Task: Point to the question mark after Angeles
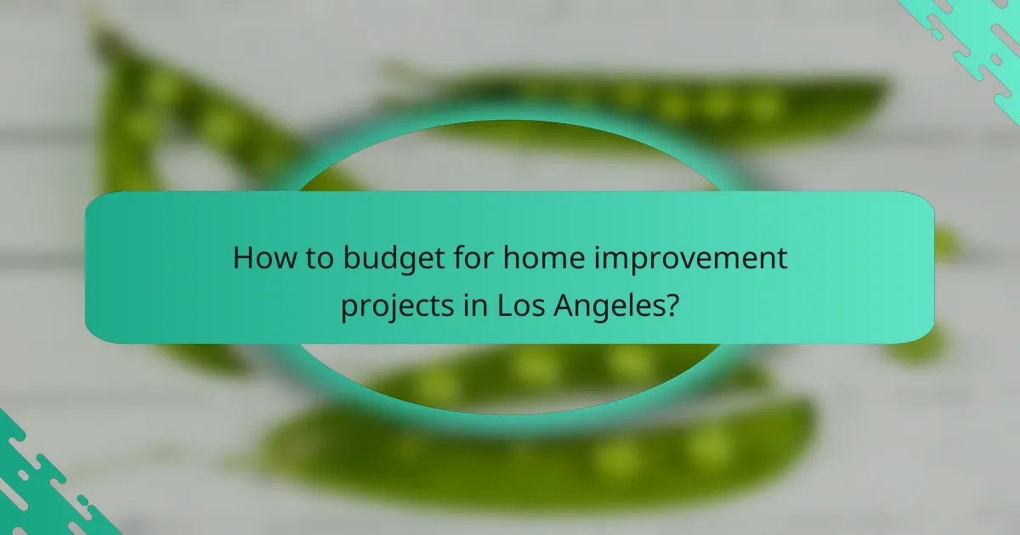pyautogui.click(x=671, y=303)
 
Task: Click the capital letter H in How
pyautogui.click(x=245, y=258)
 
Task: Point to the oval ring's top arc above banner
pyautogui.click(x=510, y=115)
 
